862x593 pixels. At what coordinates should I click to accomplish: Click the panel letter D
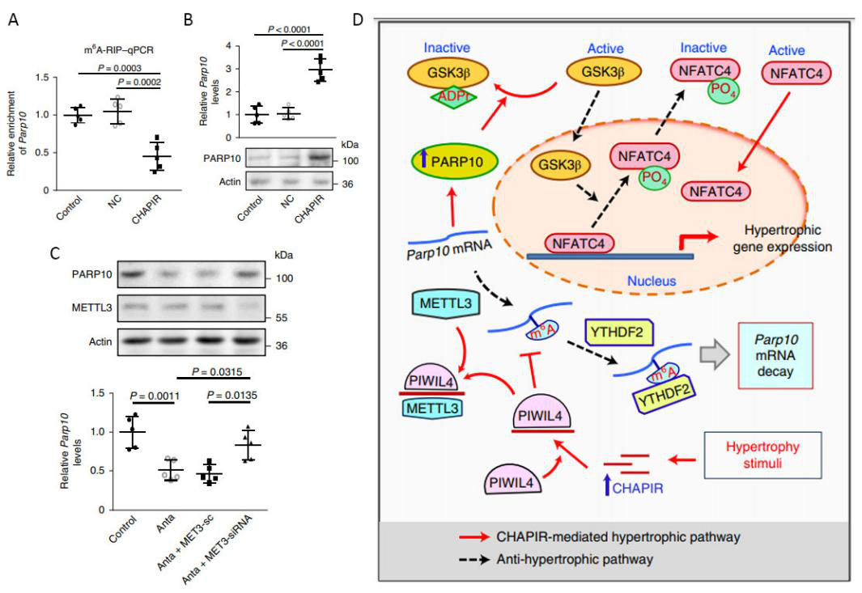click(359, 19)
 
